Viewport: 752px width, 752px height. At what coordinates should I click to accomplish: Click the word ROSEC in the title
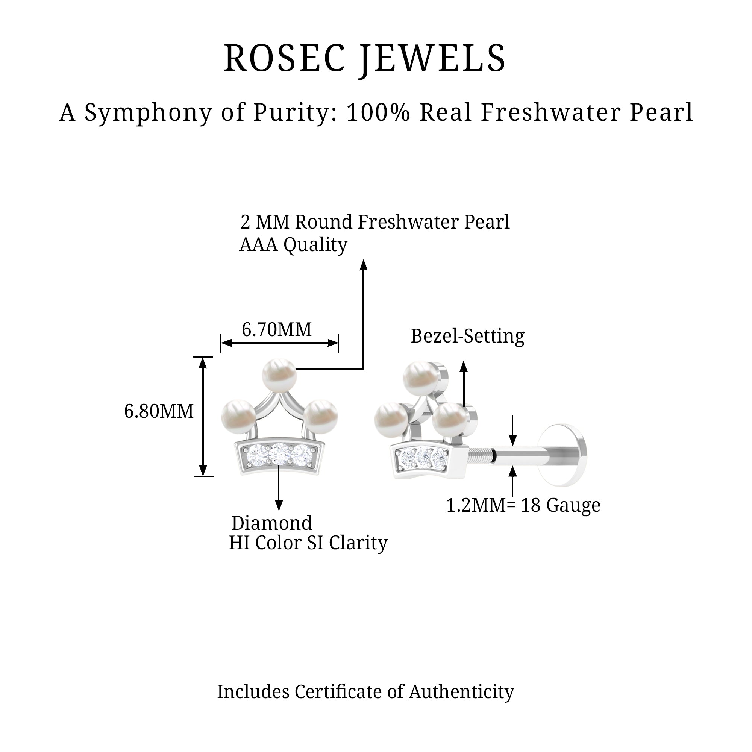click(285, 58)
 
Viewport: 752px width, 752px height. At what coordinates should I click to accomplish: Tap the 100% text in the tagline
click(378, 112)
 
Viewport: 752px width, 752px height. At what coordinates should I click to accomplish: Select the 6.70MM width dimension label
click(276, 330)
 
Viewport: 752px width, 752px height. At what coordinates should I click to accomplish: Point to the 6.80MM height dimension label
click(159, 411)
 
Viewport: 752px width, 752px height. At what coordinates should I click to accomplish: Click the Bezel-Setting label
click(467, 336)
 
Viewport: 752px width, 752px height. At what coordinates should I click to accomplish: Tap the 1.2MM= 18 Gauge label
click(523, 505)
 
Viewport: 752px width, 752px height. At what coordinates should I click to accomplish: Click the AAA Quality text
click(293, 245)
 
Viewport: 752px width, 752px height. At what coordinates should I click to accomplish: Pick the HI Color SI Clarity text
click(308, 543)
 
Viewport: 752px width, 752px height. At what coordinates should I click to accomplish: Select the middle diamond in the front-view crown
click(279, 453)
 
